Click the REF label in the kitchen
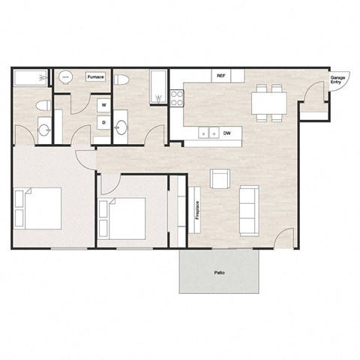tap(221, 76)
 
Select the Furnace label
tap(95, 77)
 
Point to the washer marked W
tap(104, 105)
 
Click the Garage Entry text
tap(338, 79)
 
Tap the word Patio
tap(220, 273)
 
